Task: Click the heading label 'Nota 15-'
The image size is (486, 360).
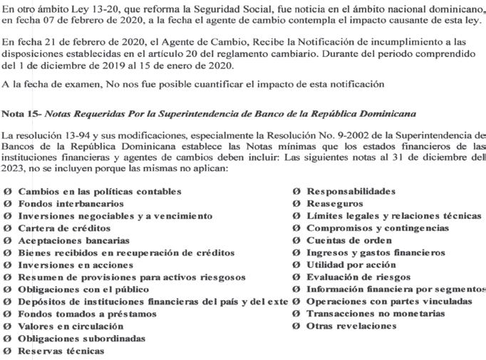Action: point(22,114)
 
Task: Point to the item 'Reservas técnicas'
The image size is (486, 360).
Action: point(61,351)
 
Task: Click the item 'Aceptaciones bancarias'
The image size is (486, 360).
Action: point(73,240)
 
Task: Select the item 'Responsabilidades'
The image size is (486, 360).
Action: point(351,191)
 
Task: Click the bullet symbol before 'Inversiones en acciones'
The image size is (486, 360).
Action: point(7,264)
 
